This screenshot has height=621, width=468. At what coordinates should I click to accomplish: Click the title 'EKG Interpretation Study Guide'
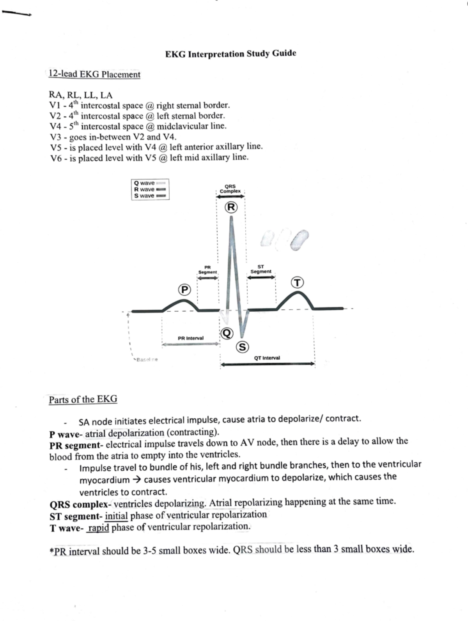(x=230, y=53)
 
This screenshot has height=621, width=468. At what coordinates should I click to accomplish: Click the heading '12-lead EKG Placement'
(x=94, y=74)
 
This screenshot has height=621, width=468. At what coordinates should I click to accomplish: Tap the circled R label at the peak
(x=231, y=207)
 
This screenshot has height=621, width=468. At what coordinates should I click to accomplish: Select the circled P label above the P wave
(x=184, y=290)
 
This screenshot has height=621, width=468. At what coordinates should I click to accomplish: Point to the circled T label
(x=298, y=282)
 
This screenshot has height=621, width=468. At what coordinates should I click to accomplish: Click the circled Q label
(x=227, y=333)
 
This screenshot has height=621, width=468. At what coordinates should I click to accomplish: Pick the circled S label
(x=242, y=347)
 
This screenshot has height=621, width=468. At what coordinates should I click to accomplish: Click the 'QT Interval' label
(x=267, y=358)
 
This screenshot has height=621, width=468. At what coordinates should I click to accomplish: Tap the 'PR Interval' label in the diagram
(x=190, y=338)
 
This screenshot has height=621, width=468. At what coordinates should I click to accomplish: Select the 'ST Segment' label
(x=261, y=269)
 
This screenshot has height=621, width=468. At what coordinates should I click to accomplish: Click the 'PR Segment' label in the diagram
(x=207, y=270)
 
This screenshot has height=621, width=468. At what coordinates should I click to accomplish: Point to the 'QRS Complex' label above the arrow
(x=230, y=189)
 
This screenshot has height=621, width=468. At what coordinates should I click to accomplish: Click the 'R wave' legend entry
(x=144, y=189)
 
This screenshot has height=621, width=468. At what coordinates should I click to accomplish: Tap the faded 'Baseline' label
(x=147, y=360)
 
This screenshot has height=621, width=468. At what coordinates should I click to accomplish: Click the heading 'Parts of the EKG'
(x=83, y=399)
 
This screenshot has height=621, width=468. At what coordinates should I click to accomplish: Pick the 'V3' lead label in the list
(x=57, y=137)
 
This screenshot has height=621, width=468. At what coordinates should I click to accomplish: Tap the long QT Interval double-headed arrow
(x=268, y=364)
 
